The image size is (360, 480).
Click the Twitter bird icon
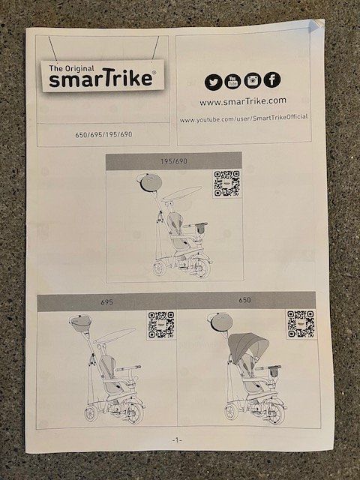213,82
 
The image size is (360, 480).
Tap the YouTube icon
232,81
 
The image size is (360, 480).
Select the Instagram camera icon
253,80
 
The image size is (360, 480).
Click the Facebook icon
272,79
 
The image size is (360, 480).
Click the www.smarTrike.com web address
243,101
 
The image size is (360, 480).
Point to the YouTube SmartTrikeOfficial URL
244,118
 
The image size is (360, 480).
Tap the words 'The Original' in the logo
72,68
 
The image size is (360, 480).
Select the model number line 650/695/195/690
103,134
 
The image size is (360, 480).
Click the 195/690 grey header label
174,161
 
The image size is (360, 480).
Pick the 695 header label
106,302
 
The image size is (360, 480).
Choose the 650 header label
245,300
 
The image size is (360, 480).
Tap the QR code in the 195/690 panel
226,183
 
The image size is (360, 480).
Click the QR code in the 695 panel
161,325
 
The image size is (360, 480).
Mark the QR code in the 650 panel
301,324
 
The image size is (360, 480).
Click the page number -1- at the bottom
177,440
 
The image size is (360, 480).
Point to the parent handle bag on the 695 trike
80,323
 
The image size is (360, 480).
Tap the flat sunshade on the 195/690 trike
181,193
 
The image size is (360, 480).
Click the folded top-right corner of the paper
316,25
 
